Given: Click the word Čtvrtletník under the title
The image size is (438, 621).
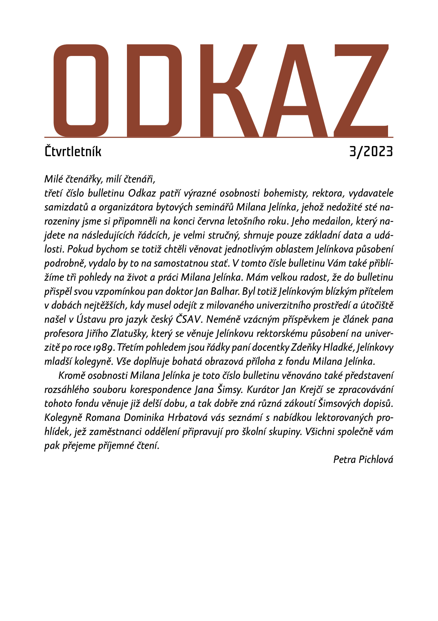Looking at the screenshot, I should (73, 152).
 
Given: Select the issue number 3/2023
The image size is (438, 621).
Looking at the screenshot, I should (371, 152).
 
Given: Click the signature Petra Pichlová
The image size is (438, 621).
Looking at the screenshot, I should (363, 459).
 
